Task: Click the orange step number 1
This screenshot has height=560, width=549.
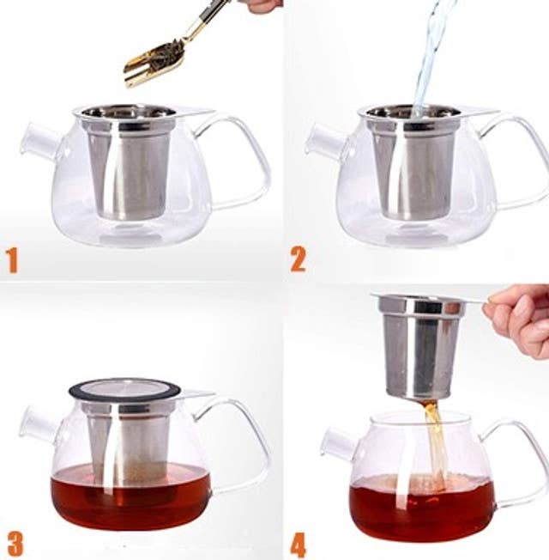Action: tap(12, 259)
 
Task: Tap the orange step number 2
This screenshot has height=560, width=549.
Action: tap(298, 259)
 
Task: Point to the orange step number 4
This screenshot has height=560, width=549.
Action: tap(298, 545)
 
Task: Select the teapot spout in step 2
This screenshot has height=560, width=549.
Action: tap(323, 141)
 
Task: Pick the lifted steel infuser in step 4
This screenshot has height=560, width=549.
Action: tap(420, 344)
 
